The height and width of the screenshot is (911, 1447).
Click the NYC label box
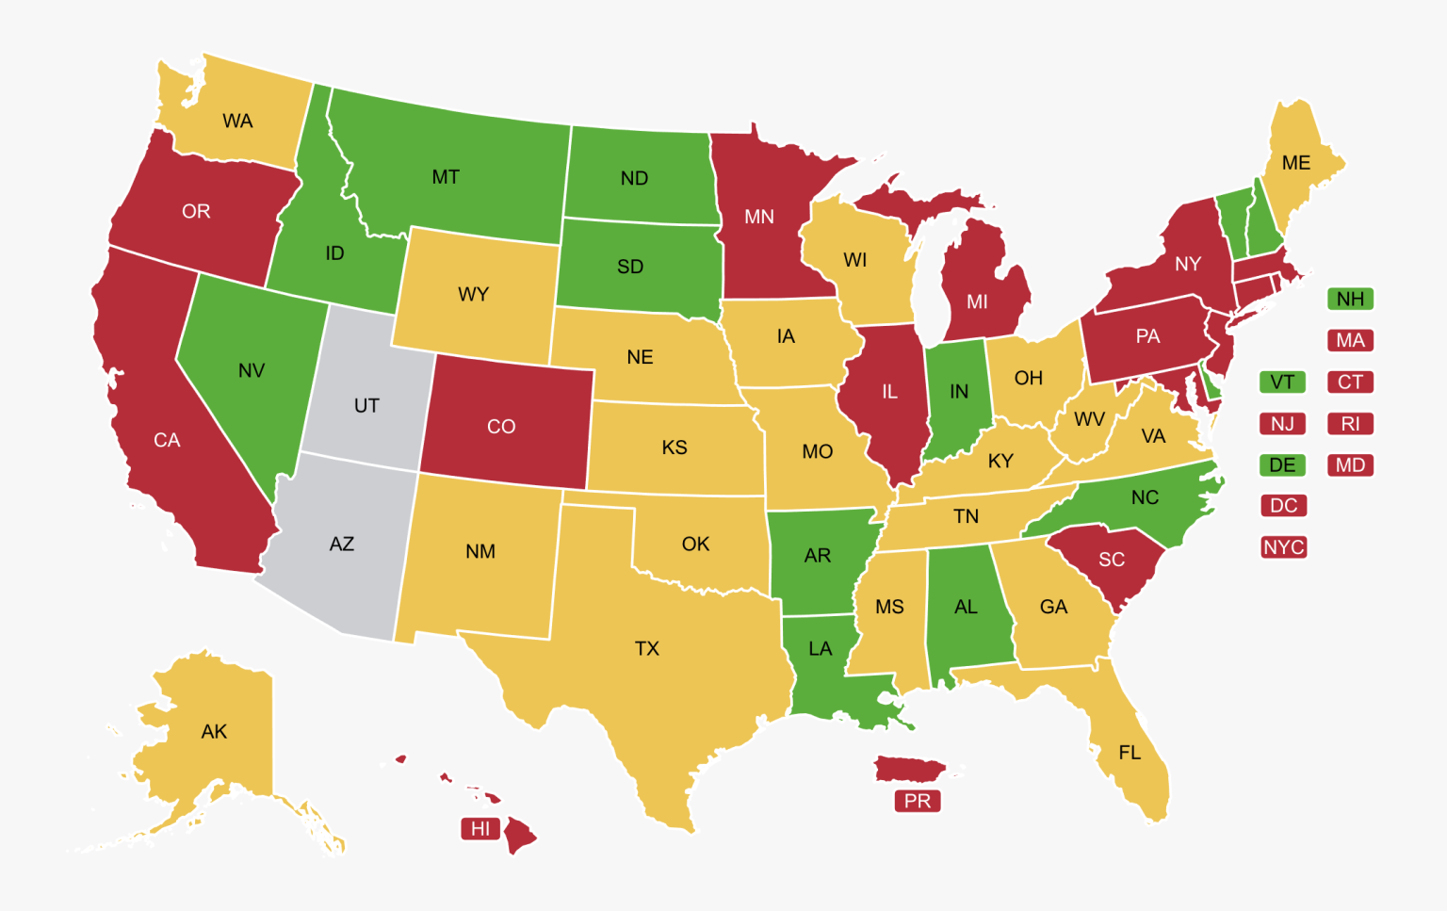click(x=1283, y=547)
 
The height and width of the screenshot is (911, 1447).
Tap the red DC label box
click(x=1283, y=506)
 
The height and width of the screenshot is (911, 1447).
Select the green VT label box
click(x=1282, y=382)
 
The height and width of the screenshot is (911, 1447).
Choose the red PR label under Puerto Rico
click(x=917, y=801)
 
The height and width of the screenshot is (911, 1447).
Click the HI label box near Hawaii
click(x=480, y=829)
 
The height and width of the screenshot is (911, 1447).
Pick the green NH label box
click(x=1350, y=299)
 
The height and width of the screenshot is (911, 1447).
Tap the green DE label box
click(x=1282, y=464)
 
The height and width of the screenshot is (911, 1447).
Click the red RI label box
click(x=1350, y=424)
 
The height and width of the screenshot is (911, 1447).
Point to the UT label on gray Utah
click(x=366, y=405)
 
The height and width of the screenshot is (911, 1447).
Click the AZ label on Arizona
click(x=342, y=544)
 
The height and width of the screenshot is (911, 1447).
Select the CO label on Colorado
click(x=501, y=427)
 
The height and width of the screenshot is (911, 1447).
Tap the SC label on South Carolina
click(x=1112, y=560)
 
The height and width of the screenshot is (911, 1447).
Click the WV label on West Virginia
click(x=1089, y=419)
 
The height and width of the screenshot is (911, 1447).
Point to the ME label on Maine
click(x=1296, y=163)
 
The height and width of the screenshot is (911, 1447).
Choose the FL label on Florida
click(x=1130, y=753)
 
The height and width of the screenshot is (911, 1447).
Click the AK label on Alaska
click(x=214, y=732)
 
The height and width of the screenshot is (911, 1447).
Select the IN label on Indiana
click(x=959, y=392)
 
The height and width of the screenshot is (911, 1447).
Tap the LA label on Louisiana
click(x=821, y=649)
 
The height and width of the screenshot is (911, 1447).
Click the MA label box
click(x=1350, y=340)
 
